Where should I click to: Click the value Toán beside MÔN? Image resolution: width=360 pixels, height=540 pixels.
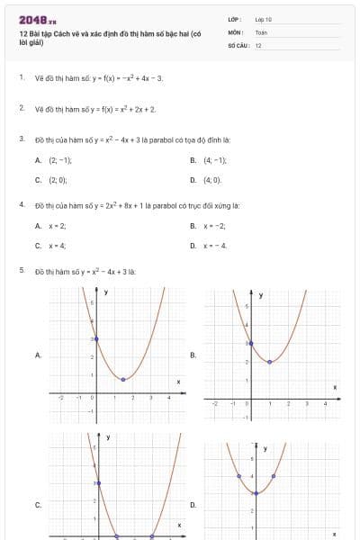(x=261, y=31)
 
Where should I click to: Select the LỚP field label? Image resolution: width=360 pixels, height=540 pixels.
(x=235, y=19)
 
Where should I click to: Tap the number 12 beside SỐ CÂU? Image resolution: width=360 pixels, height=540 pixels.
(x=258, y=45)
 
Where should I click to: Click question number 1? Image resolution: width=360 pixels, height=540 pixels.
(x=21, y=77)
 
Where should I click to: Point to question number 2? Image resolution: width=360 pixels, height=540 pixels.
(x=21, y=108)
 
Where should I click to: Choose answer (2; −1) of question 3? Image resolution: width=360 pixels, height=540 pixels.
(x=60, y=159)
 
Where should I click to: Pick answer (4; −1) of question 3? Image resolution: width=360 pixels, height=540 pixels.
(x=215, y=159)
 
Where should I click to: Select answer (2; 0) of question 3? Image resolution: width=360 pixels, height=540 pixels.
(x=58, y=180)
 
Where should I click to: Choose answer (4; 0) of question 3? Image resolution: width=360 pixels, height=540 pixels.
(x=212, y=180)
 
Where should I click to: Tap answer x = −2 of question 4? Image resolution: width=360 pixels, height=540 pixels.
(x=214, y=225)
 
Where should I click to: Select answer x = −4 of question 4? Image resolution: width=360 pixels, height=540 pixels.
(x=214, y=245)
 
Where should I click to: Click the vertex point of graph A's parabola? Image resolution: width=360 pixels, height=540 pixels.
(x=123, y=379)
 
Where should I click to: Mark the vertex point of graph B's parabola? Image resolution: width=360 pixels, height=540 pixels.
(x=270, y=362)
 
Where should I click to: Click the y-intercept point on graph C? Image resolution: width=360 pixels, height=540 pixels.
(x=98, y=483)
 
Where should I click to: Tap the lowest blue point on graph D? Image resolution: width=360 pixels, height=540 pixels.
(x=256, y=493)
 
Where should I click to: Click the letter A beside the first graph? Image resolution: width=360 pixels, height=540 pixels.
(x=38, y=355)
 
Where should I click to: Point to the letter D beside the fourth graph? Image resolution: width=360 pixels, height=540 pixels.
(x=193, y=505)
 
